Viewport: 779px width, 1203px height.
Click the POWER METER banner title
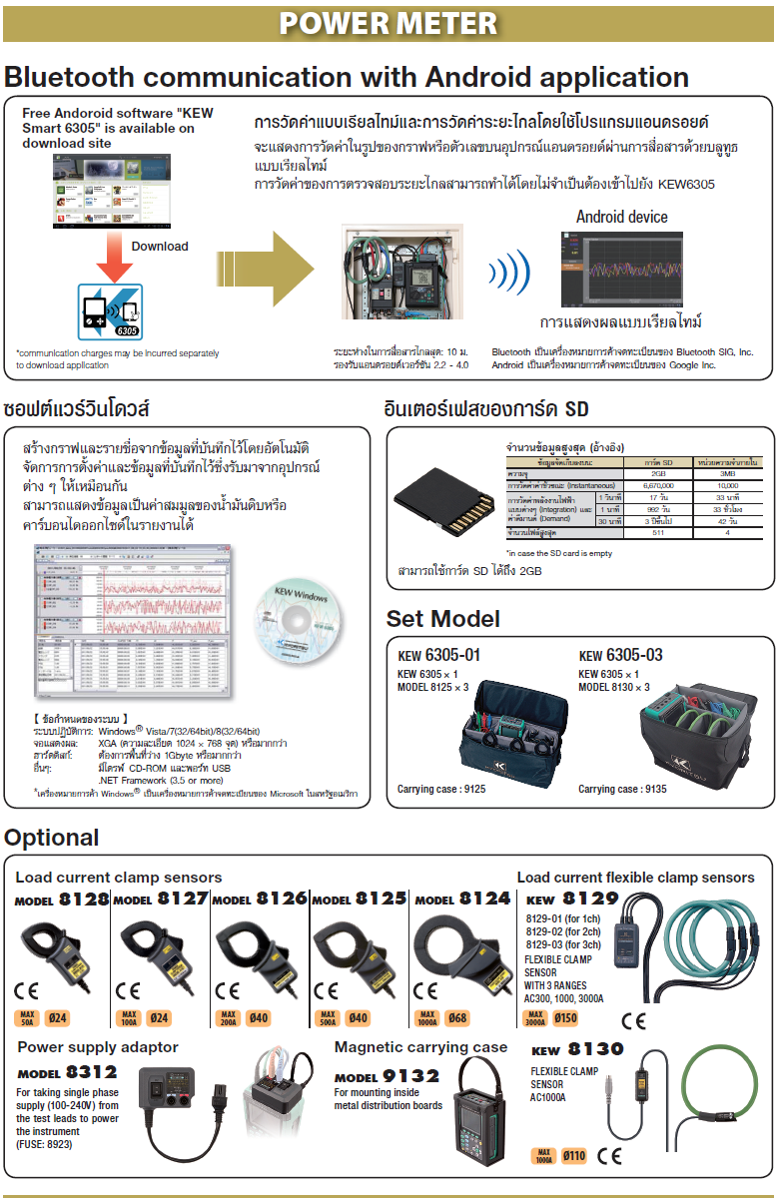pos(389,23)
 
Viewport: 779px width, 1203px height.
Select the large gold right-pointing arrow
pos(265,270)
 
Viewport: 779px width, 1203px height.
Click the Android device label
pos(621,217)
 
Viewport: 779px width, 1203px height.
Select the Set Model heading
pos(443,619)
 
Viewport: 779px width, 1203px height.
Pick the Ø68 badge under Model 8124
pos(457,1019)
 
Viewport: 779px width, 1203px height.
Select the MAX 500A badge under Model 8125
pos(327,1019)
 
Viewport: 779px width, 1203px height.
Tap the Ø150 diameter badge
pos(564,1019)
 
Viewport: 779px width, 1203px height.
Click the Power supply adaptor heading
pos(98,1047)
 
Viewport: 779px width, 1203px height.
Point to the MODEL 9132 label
pos(387,1076)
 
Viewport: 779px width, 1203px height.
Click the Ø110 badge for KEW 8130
pos(573,1156)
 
